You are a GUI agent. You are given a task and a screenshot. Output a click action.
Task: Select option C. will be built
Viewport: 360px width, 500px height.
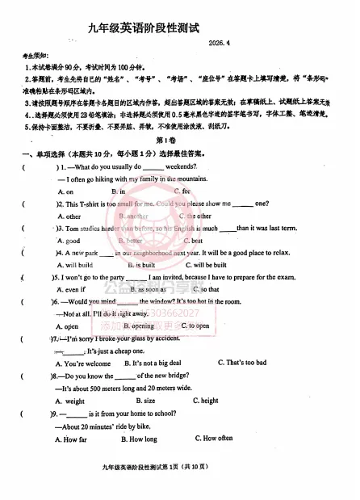205,265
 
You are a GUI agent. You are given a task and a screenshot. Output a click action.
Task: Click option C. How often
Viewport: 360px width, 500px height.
213,439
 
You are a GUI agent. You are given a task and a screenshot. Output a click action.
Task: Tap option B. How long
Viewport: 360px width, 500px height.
139,439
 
